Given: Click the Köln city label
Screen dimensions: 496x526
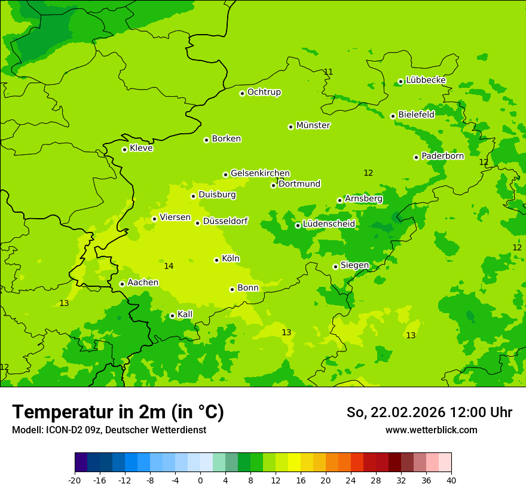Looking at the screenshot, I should point(231,259).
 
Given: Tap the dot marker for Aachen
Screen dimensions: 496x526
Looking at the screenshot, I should point(122,284).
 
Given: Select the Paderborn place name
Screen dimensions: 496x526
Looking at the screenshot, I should point(442,156).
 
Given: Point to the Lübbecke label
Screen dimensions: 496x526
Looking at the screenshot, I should point(426,80).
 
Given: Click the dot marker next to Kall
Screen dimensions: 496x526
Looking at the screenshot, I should point(172,316).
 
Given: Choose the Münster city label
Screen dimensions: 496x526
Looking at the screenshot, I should point(313,125).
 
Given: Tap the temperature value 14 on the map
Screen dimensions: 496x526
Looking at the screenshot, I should point(169,266).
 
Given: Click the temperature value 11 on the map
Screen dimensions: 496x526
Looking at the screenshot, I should point(328,72).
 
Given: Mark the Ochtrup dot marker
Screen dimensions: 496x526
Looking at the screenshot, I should point(242,93).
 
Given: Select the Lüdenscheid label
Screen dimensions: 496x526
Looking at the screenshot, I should point(329,224).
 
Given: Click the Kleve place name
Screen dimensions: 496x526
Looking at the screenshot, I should point(141,148).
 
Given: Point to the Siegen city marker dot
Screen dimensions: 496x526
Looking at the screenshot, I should point(335,267).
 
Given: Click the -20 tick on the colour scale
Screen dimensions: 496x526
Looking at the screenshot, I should point(75,480).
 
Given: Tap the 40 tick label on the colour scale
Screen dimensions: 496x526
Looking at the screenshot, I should point(451,480).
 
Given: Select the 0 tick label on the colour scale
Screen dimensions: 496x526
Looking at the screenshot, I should point(200,480).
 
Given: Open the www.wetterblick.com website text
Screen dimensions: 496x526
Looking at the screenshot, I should point(431,430).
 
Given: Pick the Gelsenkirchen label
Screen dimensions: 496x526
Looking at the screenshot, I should point(260,173).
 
